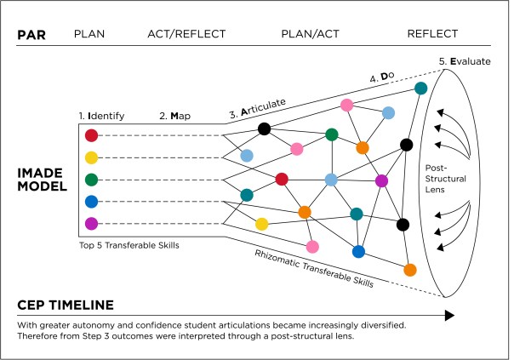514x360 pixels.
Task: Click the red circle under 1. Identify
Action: pyautogui.click(x=92, y=135)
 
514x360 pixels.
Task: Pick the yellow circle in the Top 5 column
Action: pyautogui.click(x=92, y=157)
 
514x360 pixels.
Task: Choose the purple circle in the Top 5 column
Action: pyautogui.click(x=92, y=224)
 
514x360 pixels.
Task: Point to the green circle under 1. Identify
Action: pyautogui.click(x=92, y=180)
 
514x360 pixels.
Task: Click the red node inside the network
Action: pyautogui.click(x=282, y=178)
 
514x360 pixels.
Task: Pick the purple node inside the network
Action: pyautogui.click(x=381, y=180)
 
